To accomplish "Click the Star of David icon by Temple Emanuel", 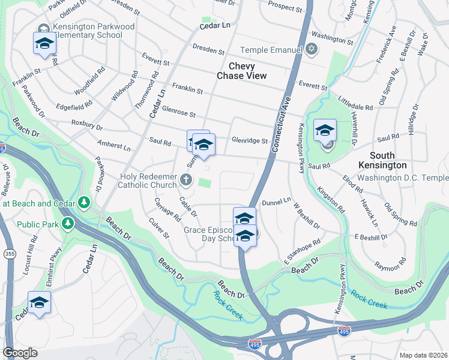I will click(311, 49).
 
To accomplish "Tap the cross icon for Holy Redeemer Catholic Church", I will click(187, 179).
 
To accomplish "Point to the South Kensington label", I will click(382, 160).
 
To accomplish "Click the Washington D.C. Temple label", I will click(403, 178).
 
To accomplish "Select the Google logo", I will click(20, 353).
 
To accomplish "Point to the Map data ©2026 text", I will click(423, 355).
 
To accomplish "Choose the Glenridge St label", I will click(249, 140).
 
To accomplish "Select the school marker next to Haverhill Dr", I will click(325, 131).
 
